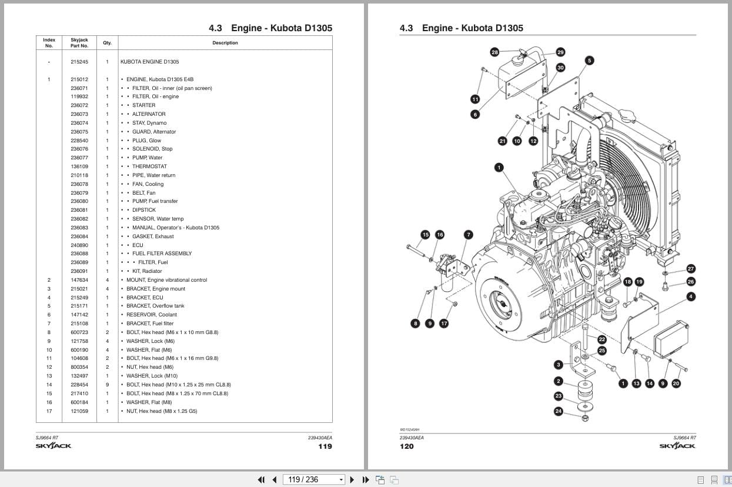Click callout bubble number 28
(x=494, y=52)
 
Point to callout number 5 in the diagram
(x=590, y=60)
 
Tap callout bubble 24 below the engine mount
(x=559, y=411)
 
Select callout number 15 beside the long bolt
(x=425, y=235)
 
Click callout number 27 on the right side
(x=691, y=269)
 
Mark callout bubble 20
(x=676, y=383)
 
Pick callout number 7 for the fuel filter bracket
(x=468, y=235)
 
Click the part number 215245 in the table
(x=79, y=62)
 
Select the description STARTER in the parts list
(x=143, y=105)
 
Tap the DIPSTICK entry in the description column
(x=144, y=210)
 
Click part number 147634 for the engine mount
(x=79, y=280)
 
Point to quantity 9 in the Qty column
(x=107, y=385)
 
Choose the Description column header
(x=225, y=43)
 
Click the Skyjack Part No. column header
(x=79, y=43)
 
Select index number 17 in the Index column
(x=49, y=411)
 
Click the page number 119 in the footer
(x=325, y=446)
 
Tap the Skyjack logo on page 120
(x=677, y=446)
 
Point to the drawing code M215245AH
(x=410, y=429)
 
